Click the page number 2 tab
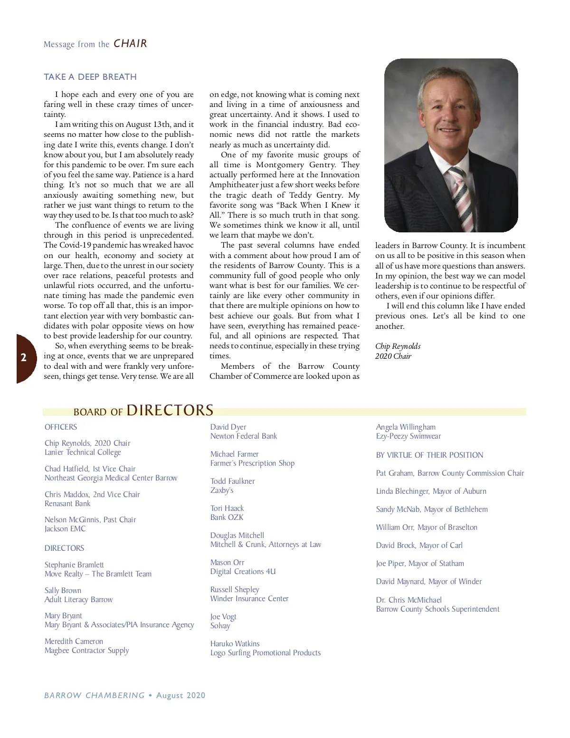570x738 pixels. point(24,358)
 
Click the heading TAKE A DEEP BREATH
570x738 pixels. point(90,77)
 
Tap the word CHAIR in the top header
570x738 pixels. point(130,44)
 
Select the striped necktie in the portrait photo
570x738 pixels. point(460,195)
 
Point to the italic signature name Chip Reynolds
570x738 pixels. point(398,346)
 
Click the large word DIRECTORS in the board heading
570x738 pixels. point(170,410)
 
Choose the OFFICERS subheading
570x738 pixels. point(61,427)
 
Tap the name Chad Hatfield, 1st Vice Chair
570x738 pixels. point(90,469)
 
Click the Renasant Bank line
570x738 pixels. point(67,504)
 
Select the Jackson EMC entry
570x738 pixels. point(65,529)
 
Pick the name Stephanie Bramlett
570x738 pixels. point(74,565)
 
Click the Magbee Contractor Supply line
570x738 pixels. point(86,651)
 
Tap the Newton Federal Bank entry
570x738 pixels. point(244,436)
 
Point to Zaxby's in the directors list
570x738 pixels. point(222,490)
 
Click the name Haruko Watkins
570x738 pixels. point(235,644)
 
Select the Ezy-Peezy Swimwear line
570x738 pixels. point(408,436)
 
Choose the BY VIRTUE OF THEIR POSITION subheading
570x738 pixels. point(429,455)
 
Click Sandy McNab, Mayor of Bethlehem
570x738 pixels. point(432,509)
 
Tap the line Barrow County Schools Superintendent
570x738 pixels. point(437,609)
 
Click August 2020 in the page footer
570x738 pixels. point(181,696)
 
